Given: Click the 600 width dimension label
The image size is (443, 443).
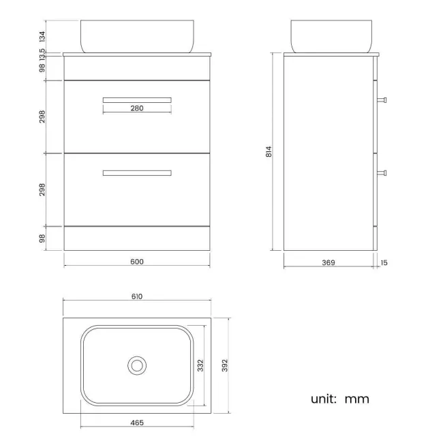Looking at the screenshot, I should (x=136, y=262).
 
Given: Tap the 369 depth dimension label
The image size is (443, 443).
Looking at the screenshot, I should (x=329, y=262).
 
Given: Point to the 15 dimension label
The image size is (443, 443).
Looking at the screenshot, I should (x=385, y=262).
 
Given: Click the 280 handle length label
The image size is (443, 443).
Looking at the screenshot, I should (x=136, y=108).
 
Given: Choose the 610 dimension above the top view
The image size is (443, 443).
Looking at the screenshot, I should (x=136, y=296).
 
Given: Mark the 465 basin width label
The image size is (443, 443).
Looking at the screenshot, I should (x=136, y=423).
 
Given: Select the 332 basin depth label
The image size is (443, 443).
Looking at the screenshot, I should (x=200, y=365).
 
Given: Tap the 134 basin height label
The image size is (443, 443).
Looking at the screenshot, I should (x=42, y=35).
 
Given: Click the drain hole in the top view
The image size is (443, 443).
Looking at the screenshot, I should (x=137, y=365).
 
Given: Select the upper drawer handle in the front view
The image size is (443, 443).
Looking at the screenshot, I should (x=137, y=100).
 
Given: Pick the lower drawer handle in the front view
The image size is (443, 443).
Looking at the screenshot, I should (x=137, y=173).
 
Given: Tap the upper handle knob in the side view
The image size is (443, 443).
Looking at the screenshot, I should (x=383, y=100).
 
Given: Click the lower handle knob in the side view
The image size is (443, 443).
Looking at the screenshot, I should (x=383, y=172).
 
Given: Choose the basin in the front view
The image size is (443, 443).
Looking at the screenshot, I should (x=137, y=35).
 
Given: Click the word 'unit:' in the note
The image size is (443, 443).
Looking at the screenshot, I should (x=324, y=399).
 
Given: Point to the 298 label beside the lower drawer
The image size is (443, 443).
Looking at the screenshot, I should (x=42, y=188).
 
